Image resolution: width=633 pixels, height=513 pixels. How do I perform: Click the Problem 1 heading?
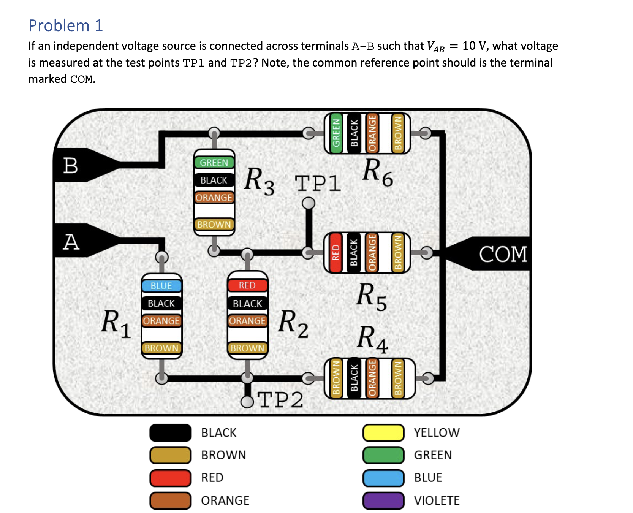[x=66, y=25]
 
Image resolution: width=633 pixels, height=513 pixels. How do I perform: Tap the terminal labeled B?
[x=71, y=165]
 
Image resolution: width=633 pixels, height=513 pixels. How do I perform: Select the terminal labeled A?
[x=71, y=241]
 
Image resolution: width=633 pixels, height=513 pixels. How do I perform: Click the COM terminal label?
[x=503, y=254]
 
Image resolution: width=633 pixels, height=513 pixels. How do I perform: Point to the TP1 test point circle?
[x=309, y=203]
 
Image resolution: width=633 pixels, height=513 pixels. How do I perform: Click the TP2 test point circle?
[x=247, y=402]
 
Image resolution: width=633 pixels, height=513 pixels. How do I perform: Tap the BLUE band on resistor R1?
[x=161, y=286]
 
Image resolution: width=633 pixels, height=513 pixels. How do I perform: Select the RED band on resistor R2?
[x=247, y=285]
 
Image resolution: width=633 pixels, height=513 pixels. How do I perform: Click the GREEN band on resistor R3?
[x=214, y=163]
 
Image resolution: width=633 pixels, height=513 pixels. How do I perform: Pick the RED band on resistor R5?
[x=335, y=253]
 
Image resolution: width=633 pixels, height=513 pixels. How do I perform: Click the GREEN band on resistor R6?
[x=336, y=133]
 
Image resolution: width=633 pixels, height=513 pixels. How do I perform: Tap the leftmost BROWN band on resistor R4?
[x=336, y=378]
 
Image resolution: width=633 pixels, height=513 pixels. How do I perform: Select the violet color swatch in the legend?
[x=383, y=500]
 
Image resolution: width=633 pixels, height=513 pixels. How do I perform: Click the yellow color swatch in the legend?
[x=383, y=433]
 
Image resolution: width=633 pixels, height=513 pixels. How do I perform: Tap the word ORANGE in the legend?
[x=225, y=500]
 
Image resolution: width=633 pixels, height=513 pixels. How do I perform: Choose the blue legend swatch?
[x=383, y=478]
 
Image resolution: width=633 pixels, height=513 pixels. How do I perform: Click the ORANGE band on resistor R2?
[x=247, y=321]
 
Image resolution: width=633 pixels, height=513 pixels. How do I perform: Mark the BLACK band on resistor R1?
[x=161, y=303]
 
